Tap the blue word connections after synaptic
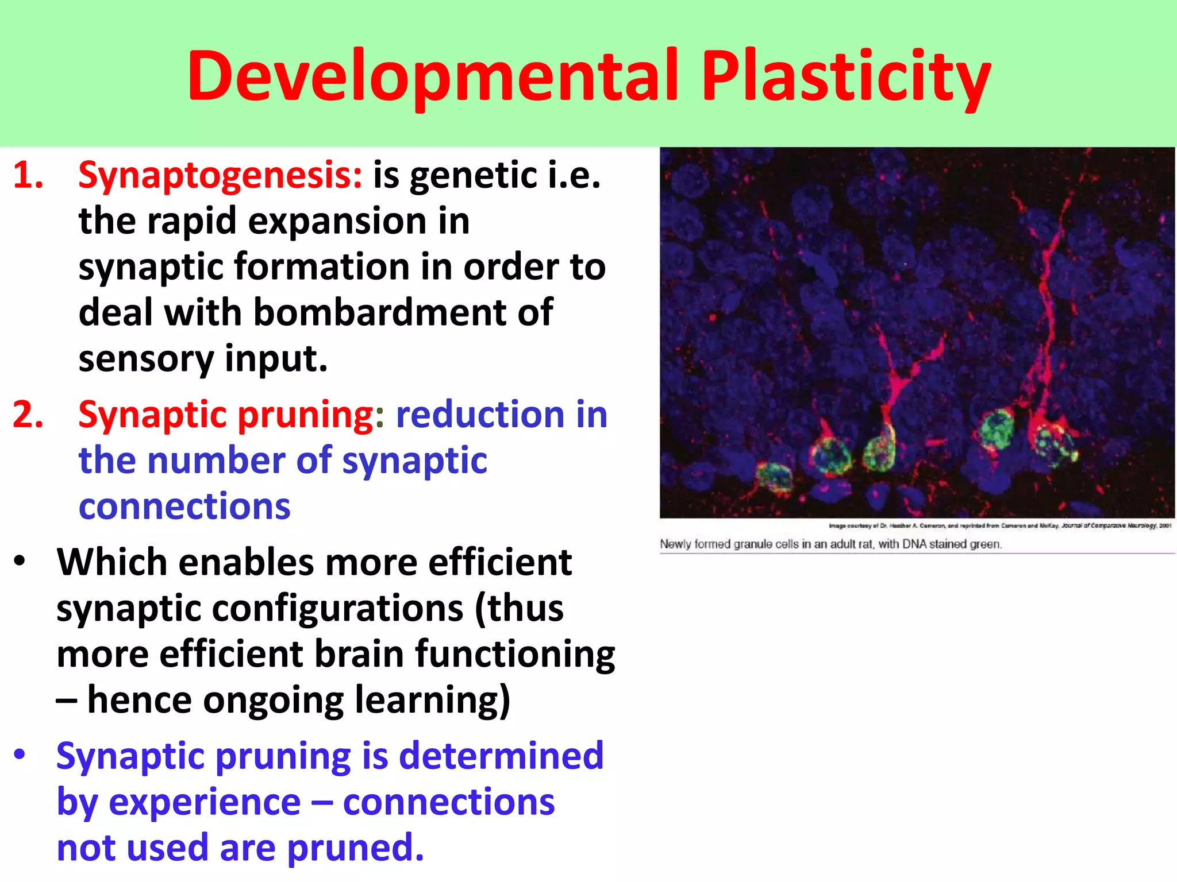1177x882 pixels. coord(184,506)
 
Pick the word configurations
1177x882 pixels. coord(337,608)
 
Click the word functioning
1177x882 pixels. coord(515,655)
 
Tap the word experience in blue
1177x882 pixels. coord(205,802)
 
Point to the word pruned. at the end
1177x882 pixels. coord(355,848)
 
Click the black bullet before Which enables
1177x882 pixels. coord(20,561)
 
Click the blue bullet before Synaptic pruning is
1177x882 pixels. coord(20,755)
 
